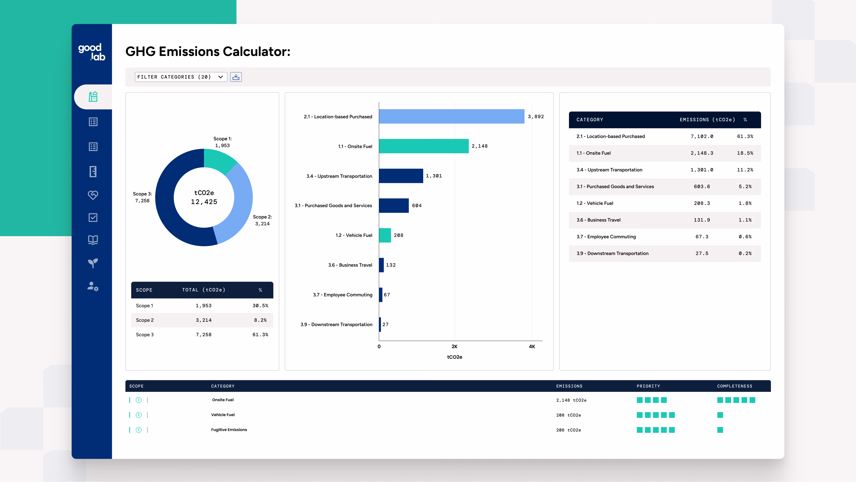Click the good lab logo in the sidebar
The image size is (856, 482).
(92, 52)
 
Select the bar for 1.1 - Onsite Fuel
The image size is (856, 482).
(424, 146)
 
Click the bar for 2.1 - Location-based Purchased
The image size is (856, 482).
(452, 116)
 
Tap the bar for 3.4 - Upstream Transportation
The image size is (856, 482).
(401, 176)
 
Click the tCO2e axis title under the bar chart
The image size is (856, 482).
(455, 357)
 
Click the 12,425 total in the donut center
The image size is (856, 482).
(204, 202)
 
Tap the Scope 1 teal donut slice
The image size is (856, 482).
(220, 160)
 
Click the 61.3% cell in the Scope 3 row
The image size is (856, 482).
(260, 335)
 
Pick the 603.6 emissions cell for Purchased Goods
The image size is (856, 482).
(702, 187)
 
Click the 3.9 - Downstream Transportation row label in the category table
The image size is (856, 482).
(612, 254)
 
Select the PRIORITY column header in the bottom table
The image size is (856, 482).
(648, 386)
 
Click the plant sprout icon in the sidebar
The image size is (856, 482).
(93, 263)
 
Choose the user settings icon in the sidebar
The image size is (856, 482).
(93, 286)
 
